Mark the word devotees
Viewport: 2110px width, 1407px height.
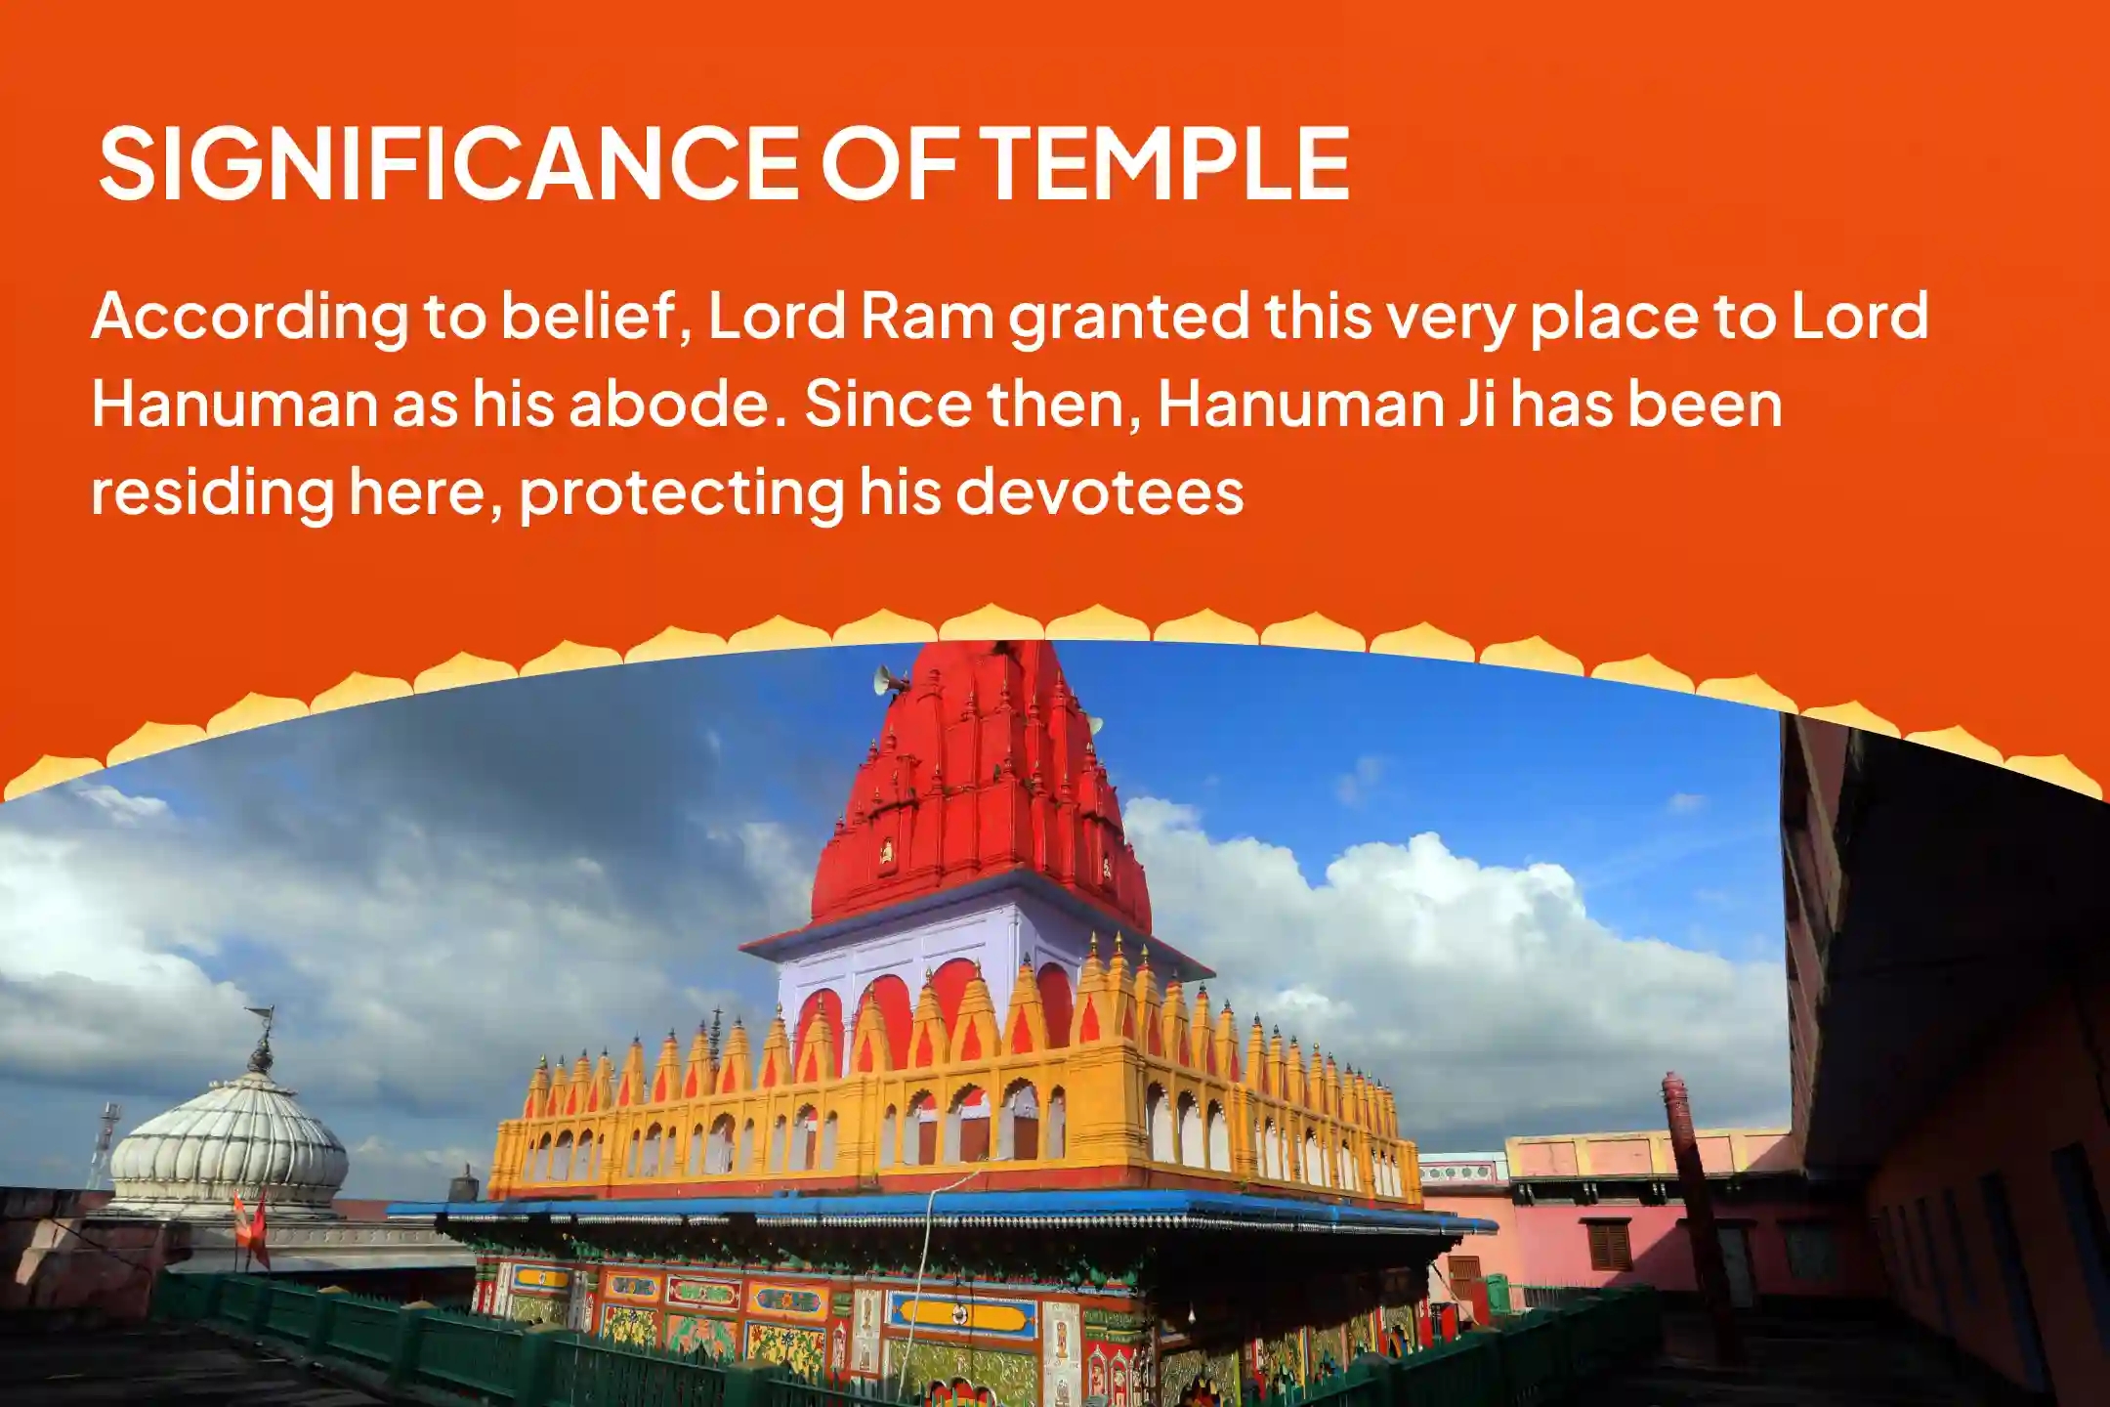pos(1099,490)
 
